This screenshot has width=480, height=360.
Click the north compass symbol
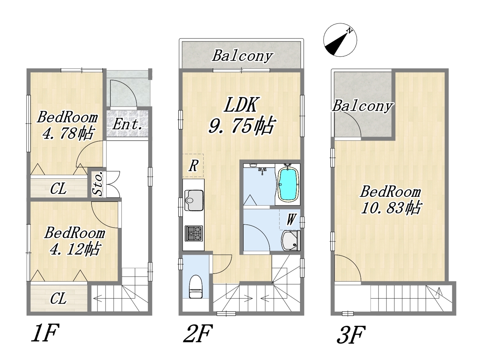[340, 40]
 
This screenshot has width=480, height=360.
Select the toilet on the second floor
[196, 286]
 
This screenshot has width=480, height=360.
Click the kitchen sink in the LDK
[194, 200]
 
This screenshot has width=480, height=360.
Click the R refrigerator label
[193, 165]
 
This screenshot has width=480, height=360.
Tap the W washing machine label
[290, 219]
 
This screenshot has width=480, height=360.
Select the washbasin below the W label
[290, 241]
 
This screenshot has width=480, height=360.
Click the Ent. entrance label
[127, 124]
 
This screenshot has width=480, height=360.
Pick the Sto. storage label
[97, 183]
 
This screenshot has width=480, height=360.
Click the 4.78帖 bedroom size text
[69, 133]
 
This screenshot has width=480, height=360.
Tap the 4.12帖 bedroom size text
[75, 249]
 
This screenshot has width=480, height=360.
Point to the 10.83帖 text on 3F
[391, 208]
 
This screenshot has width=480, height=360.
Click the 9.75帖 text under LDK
[241, 126]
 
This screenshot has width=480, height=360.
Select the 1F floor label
[45, 333]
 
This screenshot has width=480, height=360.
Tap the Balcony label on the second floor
[243, 56]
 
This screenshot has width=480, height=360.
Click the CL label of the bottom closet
[58, 298]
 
